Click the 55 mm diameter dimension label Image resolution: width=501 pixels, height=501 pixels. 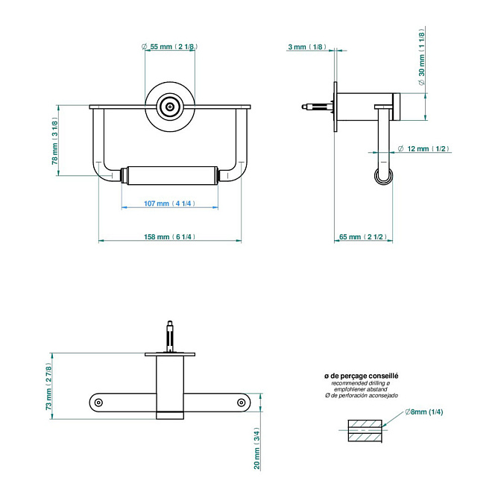click(x=170, y=47)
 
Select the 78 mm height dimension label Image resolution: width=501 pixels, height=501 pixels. click(x=55, y=141)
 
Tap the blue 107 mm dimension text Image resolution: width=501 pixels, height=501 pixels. click(x=169, y=204)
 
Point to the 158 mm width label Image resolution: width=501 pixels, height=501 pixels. click(x=169, y=237)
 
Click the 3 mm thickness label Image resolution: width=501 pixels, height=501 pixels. click(x=307, y=47)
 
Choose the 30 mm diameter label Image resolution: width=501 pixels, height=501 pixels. click(x=422, y=57)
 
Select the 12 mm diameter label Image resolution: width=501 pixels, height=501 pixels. click(x=423, y=148)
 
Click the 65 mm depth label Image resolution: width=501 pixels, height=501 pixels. click(x=363, y=237)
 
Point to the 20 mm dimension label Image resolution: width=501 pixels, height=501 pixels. click(x=257, y=448)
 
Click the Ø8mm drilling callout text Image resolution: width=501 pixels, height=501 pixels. click(x=424, y=412)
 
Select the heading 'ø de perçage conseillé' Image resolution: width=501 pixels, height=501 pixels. click(x=362, y=376)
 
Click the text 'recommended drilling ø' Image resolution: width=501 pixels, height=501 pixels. click(x=361, y=383)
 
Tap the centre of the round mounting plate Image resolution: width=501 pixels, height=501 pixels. click(x=170, y=107)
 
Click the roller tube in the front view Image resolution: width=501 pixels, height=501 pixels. click(x=172, y=175)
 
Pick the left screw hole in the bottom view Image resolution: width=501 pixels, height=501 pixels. click(x=98, y=403)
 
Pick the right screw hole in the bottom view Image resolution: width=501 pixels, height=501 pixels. click(x=242, y=403)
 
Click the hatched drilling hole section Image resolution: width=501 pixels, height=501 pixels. click(x=365, y=431)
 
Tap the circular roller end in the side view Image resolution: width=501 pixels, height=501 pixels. click(x=384, y=176)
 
